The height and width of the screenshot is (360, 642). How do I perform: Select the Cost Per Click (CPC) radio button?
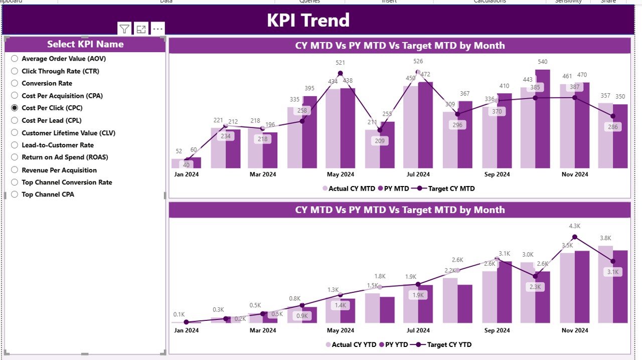coord(15,108)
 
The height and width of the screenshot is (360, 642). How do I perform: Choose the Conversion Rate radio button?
coord(15,83)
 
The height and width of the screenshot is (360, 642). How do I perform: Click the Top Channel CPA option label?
coord(48,195)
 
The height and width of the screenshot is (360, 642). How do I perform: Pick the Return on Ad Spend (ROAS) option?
coord(65,157)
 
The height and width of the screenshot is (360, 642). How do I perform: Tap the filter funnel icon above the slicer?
coord(124,29)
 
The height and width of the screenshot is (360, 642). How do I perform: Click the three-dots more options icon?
coord(158,29)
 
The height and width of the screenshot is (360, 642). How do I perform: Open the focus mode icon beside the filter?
coord(141,29)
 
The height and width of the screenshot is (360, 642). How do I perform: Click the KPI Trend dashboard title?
coord(308,20)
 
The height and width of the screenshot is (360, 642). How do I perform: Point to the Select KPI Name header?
coord(85,44)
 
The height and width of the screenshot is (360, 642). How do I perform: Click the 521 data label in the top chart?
coord(341,63)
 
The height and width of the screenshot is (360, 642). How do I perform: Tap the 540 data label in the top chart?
coord(543,62)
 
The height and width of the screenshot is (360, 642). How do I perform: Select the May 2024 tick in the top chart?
coord(341,174)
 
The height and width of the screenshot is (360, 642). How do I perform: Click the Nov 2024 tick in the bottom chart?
coord(575,330)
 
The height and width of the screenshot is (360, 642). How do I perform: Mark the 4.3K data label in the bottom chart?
coord(575,226)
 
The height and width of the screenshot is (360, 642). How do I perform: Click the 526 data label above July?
coord(418,61)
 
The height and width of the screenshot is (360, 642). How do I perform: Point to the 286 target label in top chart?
coord(612,127)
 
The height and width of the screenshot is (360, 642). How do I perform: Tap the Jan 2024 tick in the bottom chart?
coord(186,330)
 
